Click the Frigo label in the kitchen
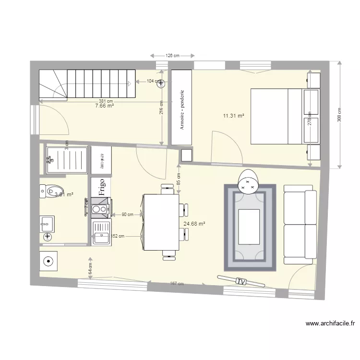point(101,186)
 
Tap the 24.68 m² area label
point(194,224)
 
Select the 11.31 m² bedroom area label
point(234,116)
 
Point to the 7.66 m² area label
point(105,106)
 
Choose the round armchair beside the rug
point(249,181)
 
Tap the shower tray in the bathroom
point(67,159)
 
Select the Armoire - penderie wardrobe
point(182,108)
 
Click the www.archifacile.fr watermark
point(329,324)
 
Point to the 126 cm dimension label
point(172,56)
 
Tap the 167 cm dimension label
point(177,284)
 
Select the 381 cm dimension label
point(106,101)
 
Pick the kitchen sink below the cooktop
point(101,233)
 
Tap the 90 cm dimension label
point(127,215)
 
